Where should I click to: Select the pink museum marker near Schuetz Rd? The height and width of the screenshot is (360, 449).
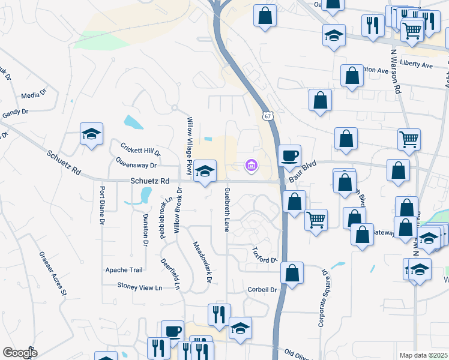point(251,165)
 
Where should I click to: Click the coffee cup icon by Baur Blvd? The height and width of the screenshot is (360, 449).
point(290,155)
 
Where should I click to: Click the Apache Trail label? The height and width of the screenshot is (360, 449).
point(124,269)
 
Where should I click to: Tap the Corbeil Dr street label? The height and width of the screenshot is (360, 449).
point(262,289)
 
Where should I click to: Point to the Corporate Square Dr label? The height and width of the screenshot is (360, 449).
point(322,297)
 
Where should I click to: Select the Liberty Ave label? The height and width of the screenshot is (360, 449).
point(416,64)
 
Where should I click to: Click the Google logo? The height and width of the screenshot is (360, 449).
point(20,352)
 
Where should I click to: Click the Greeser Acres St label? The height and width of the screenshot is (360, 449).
point(52,274)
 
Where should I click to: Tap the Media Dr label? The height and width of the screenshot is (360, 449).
point(30,95)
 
